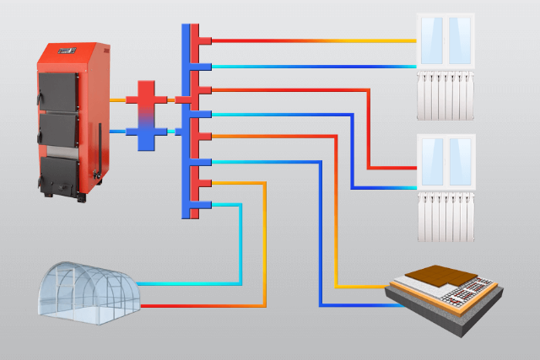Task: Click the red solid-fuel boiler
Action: [x=71, y=118]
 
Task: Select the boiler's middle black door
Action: [x=58, y=126]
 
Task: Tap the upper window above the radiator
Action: [x=447, y=40]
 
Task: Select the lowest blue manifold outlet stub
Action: [x=201, y=205]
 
